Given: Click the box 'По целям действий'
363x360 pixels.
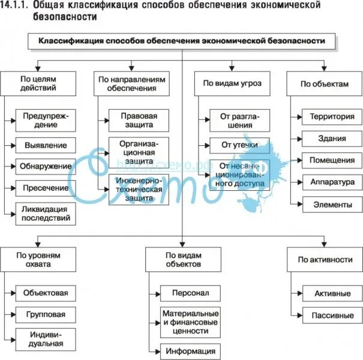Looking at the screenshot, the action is [38, 83].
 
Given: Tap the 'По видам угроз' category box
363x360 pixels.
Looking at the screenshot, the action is [230, 83].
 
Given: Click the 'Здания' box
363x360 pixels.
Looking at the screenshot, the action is [332, 139].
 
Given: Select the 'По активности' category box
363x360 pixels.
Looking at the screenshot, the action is [324, 260].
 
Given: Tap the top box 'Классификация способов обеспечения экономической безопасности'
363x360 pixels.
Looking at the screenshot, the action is [182, 41].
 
